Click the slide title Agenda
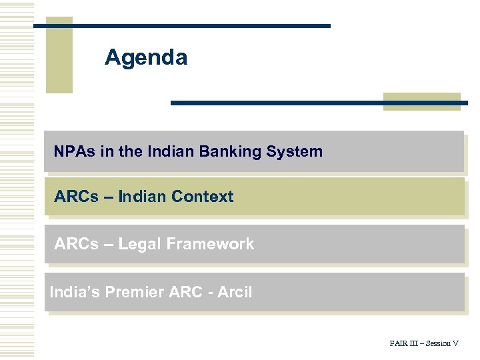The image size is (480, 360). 146,58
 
